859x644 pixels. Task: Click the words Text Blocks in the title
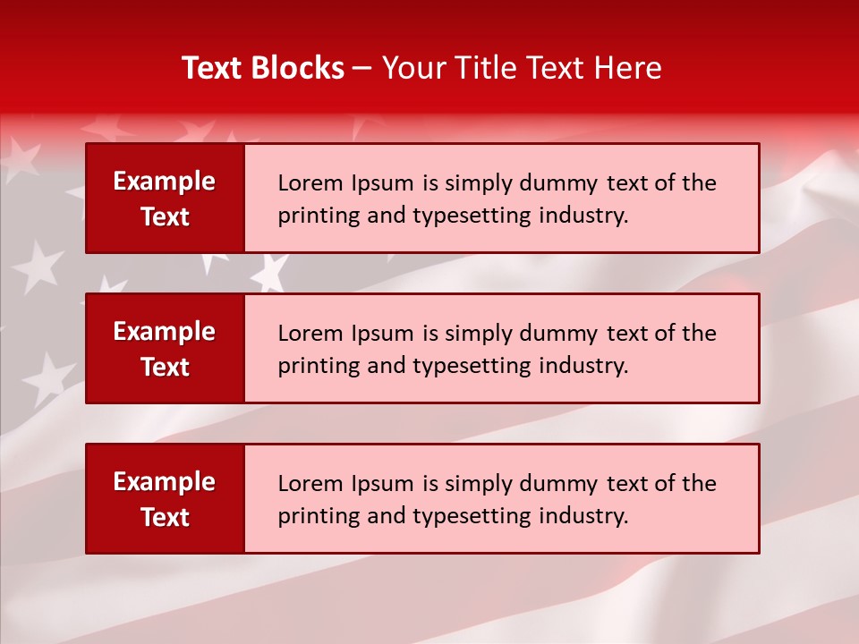click(263, 68)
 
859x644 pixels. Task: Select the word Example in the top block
click(165, 182)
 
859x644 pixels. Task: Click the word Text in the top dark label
click(166, 217)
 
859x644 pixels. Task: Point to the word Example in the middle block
click(165, 332)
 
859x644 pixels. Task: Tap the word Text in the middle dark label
click(166, 368)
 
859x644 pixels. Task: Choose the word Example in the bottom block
click(165, 482)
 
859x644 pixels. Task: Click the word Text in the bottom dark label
click(166, 518)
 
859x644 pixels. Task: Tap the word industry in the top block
click(583, 216)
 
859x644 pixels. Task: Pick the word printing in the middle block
click(310, 367)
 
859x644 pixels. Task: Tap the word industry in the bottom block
click(583, 516)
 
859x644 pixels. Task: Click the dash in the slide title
click(362, 68)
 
